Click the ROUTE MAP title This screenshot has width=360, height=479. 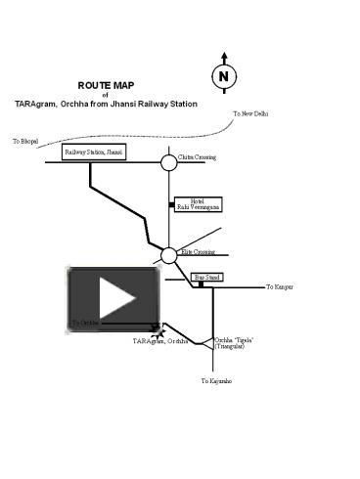click(x=106, y=85)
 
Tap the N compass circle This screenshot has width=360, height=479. click(x=224, y=76)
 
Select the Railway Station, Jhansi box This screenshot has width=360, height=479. click(x=94, y=152)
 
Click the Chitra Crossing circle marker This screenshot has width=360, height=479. click(x=168, y=162)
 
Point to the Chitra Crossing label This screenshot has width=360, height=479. click(x=198, y=156)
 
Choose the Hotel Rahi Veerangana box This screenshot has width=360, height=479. click(x=199, y=204)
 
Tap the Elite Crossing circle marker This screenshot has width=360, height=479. click(x=168, y=255)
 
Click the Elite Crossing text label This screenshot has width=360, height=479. click(x=198, y=251)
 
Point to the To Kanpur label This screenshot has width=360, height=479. click(x=280, y=287)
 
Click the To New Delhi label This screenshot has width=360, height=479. click(x=251, y=114)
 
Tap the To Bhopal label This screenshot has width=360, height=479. click(x=25, y=142)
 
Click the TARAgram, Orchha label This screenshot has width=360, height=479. click(x=160, y=341)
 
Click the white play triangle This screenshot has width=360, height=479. click(x=115, y=298)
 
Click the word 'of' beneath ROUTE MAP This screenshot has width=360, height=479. click(x=106, y=95)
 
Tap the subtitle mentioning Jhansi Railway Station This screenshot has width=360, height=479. click(x=106, y=104)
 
